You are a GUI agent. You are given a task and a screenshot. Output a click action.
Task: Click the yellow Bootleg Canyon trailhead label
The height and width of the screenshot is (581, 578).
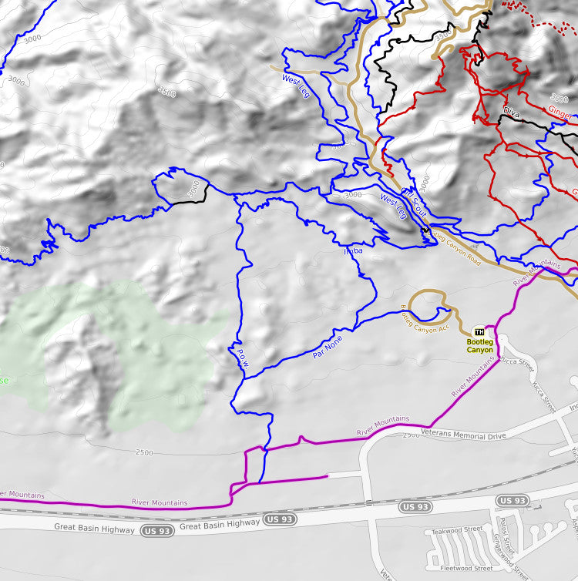coord(479,345)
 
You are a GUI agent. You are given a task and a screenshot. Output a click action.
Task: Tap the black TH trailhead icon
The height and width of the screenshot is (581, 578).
coord(479,331)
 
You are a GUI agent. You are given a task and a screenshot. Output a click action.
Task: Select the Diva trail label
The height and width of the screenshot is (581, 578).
coord(512,113)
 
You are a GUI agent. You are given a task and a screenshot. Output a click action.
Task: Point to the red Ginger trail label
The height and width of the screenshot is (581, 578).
coord(560,114)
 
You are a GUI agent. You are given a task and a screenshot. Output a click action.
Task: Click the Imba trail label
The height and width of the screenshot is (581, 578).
coord(352,250)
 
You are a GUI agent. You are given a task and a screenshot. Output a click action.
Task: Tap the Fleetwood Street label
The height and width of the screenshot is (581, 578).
coord(467,568)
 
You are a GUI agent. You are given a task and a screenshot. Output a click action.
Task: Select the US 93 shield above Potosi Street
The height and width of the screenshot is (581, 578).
coord(512,501)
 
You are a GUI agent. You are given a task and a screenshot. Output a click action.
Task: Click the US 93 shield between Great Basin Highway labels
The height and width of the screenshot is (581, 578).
coord(280,520)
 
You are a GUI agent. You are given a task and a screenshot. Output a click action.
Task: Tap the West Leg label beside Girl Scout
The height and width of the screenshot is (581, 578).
coord(392,205)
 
